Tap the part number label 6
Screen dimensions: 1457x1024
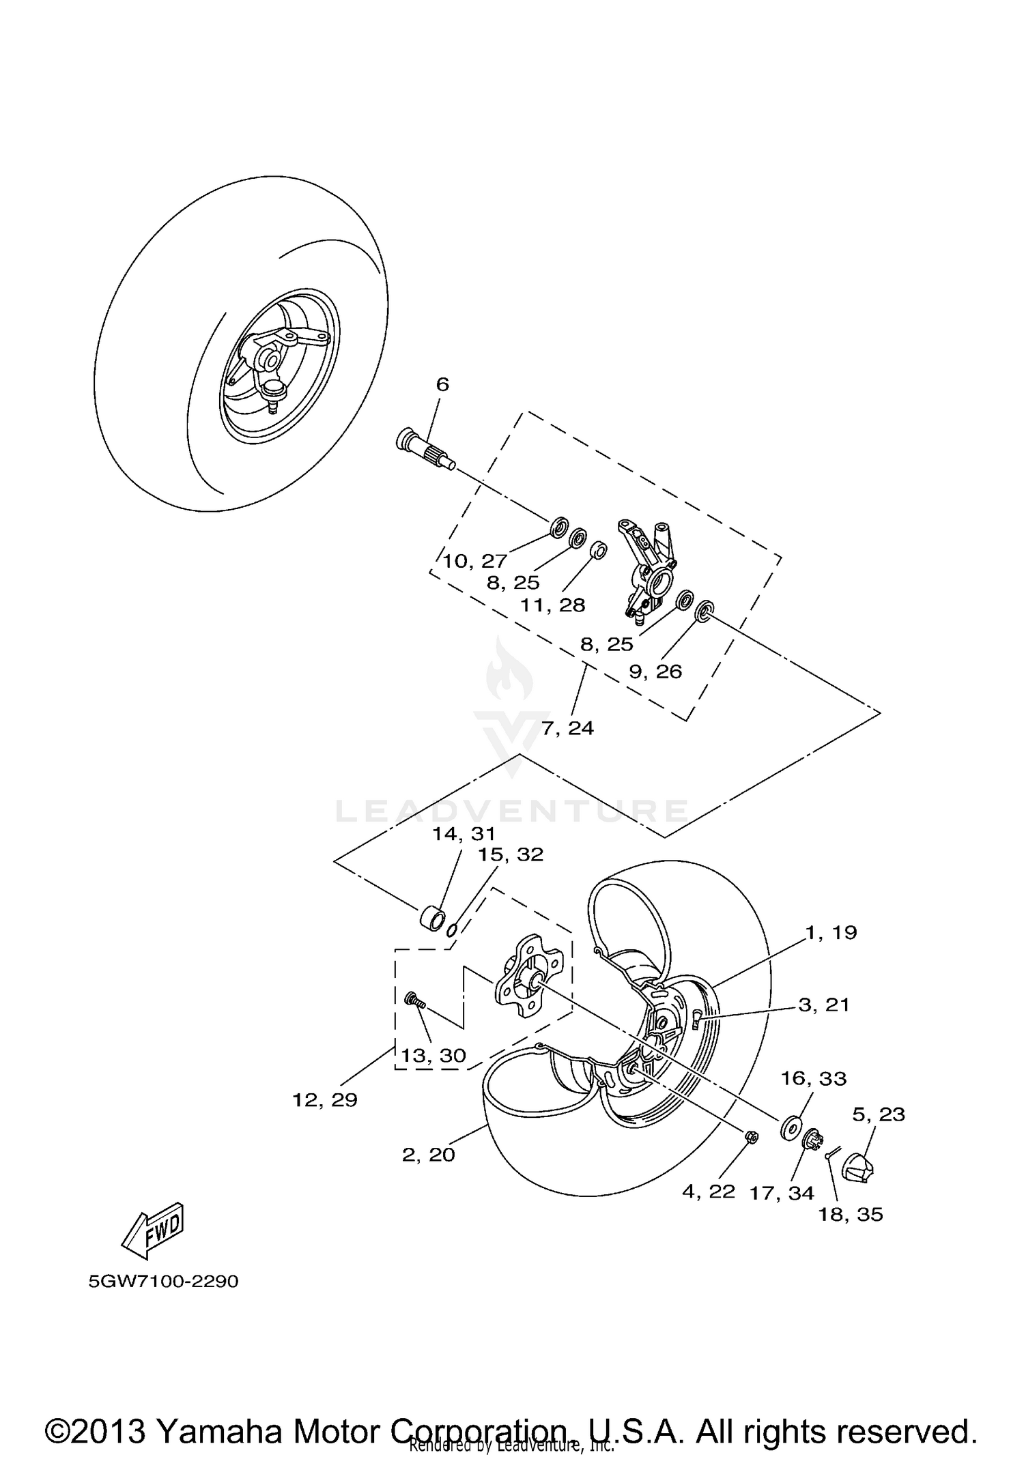(442, 384)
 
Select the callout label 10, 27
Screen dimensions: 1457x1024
(474, 561)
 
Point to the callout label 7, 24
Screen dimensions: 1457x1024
(567, 728)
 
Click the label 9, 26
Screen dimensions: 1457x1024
(655, 672)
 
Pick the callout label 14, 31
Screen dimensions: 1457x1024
(464, 833)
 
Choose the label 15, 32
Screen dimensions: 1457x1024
(511, 854)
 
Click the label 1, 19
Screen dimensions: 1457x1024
(831, 932)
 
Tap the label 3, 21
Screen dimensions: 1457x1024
(824, 1005)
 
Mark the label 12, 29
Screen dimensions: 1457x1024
(324, 1100)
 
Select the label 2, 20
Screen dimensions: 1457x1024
(428, 1155)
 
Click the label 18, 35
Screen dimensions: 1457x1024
(851, 1214)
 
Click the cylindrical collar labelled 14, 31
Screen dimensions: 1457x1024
(432, 916)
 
